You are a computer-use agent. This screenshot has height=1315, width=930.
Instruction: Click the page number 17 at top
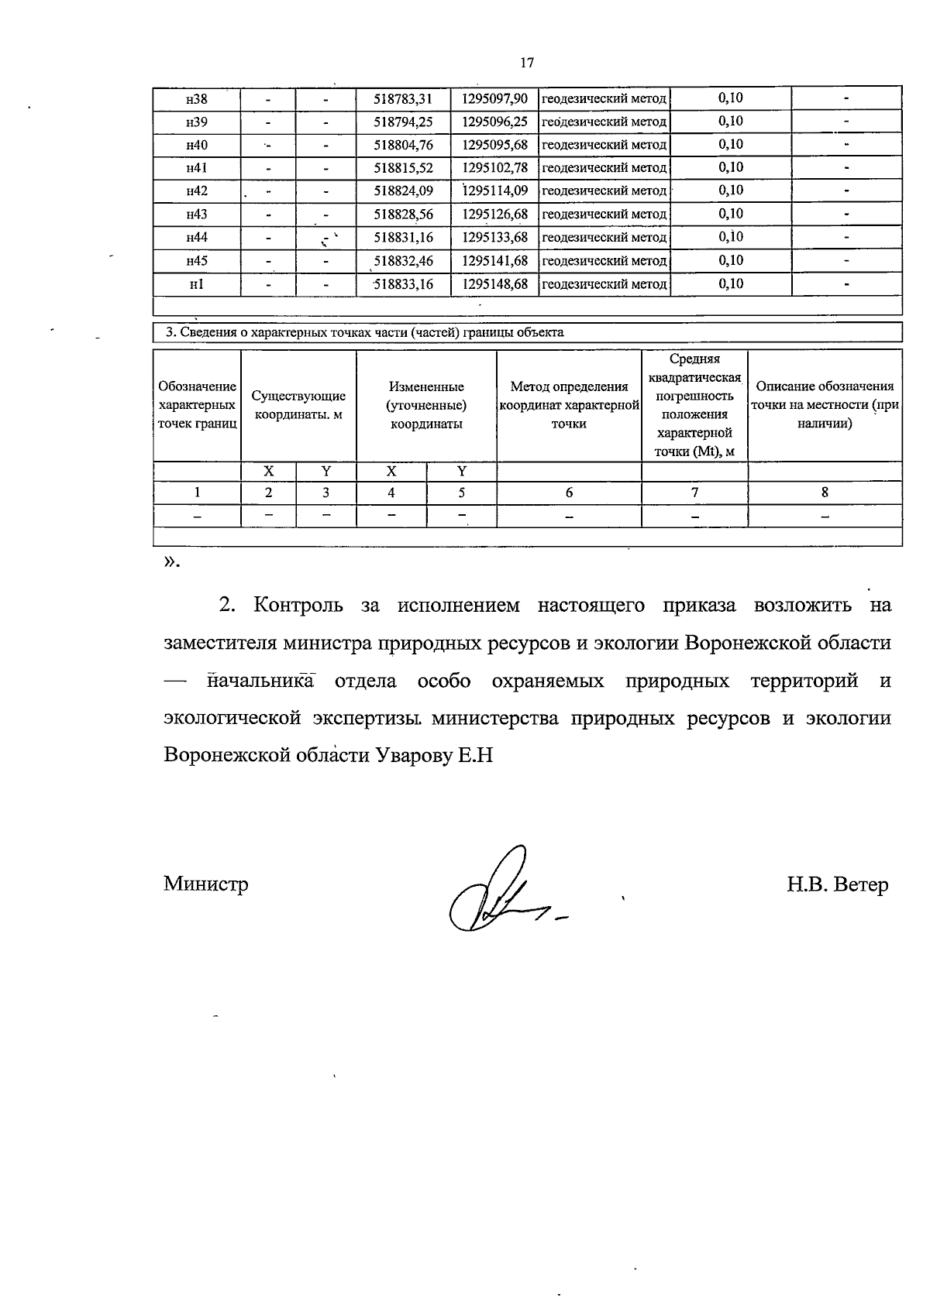(527, 63)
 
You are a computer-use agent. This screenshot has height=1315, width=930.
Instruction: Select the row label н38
(196, 99)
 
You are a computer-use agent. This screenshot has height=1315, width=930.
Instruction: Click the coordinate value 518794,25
(403, 122)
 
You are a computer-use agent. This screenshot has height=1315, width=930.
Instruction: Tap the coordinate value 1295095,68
(494, 145)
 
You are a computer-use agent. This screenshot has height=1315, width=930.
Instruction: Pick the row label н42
(196, 191)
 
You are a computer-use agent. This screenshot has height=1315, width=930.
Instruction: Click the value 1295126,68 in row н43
(494, 215)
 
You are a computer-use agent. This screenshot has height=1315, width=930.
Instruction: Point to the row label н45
(196, 261)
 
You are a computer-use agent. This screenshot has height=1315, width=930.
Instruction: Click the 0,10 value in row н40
(730, 144)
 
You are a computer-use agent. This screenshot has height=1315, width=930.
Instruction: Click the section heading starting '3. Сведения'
(365, 333)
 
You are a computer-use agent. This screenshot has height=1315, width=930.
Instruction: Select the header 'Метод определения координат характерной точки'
(569, 405)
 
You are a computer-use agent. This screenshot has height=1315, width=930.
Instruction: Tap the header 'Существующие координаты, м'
(298, 405)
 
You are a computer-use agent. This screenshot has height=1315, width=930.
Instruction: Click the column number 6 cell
(569, 493)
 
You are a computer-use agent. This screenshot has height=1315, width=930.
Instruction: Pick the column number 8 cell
(825, 493)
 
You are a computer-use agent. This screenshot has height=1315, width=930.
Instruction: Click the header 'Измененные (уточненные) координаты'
(426, 405)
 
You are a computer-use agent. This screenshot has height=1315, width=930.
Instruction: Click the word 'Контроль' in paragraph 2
(298, 606)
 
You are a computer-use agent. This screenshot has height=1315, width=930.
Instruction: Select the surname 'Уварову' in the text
(413, 755)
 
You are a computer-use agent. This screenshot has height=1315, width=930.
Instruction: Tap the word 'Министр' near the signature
(206, 884)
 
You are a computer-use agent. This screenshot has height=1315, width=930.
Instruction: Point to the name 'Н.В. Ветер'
(837, 884)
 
